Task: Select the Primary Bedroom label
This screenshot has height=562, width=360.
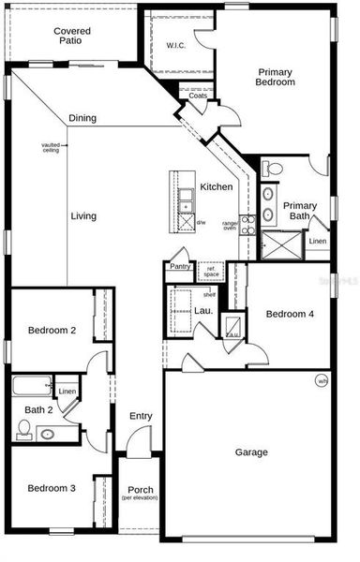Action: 275,77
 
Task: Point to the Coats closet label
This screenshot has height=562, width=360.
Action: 198,96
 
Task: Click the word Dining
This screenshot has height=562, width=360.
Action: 82,119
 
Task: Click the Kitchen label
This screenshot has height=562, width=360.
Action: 216,187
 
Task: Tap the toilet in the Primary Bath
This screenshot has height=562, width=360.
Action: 272,169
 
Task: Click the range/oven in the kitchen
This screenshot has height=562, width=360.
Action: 247,225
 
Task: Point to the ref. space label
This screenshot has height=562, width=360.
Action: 211,273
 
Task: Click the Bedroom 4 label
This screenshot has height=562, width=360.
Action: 289,314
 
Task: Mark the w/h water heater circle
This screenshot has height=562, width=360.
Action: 322,381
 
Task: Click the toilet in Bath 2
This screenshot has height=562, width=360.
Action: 24,430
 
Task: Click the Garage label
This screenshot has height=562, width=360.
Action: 250,452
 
